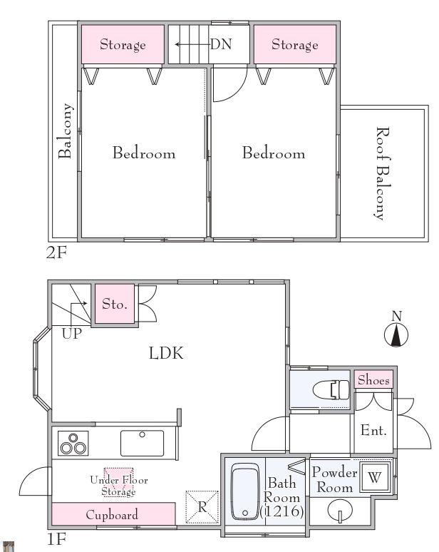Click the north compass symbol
coord(396,335)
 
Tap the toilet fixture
coord(331,389)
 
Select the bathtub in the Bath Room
coord(245,491)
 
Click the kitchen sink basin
coord(142,443)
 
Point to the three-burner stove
coord(73,443)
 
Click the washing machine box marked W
coord(374,477)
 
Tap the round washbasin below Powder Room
coord(339,510)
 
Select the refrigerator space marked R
coord(202,507)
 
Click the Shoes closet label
coord(373,380)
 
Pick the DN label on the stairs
coord(221,44)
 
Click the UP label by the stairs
coord(72,333)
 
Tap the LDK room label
coord(166,353)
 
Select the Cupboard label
coord(112,515)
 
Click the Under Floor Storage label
coord(119,485)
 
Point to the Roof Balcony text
coord(383,173)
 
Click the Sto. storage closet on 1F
coord(115,304)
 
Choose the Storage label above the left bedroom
coord(123,45)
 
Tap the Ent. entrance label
coord(373,430)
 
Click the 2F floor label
coord(56,252)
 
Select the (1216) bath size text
coord(282,511)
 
